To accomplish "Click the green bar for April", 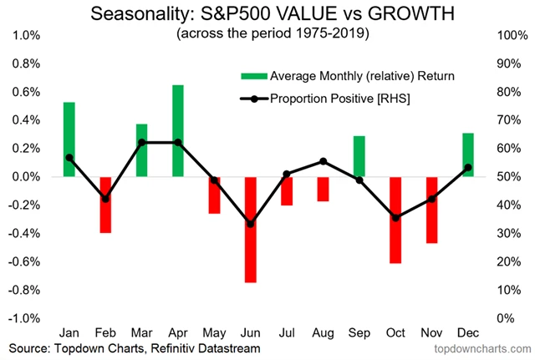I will coord(178,130).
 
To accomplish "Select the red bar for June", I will coord(251,229).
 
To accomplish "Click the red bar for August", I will coord(323,189).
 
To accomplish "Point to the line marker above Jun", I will coord(251,224).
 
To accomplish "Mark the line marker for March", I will coord(142,143).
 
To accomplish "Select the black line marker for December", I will coord(468,167).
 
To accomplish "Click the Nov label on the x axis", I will coord(431,332).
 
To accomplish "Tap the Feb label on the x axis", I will coord(105,332).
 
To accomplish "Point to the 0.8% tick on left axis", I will coord(26,63).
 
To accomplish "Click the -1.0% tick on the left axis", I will coord(24,318).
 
